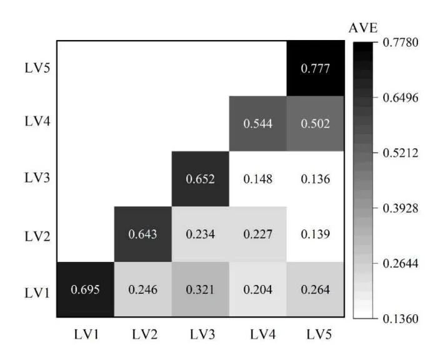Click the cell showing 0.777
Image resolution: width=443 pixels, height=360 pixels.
coord(316,69)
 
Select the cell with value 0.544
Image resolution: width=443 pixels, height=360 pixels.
coord(258,124)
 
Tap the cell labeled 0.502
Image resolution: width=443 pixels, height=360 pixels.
coord(316,124)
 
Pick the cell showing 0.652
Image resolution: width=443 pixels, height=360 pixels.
coord(201,179)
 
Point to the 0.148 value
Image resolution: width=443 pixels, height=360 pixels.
coord(258,179)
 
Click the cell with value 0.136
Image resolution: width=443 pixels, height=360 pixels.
coord(316,179)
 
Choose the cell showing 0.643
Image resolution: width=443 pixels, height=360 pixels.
coord(143,234)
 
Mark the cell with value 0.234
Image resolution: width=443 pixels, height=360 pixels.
coord(201,234)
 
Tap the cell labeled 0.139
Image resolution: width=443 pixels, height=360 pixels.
coord(316,234)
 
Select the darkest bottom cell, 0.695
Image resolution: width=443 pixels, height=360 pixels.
coord(86,289)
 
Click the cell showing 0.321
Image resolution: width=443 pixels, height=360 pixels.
coord(201,289)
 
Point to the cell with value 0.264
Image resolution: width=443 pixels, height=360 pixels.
coord(316,289)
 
